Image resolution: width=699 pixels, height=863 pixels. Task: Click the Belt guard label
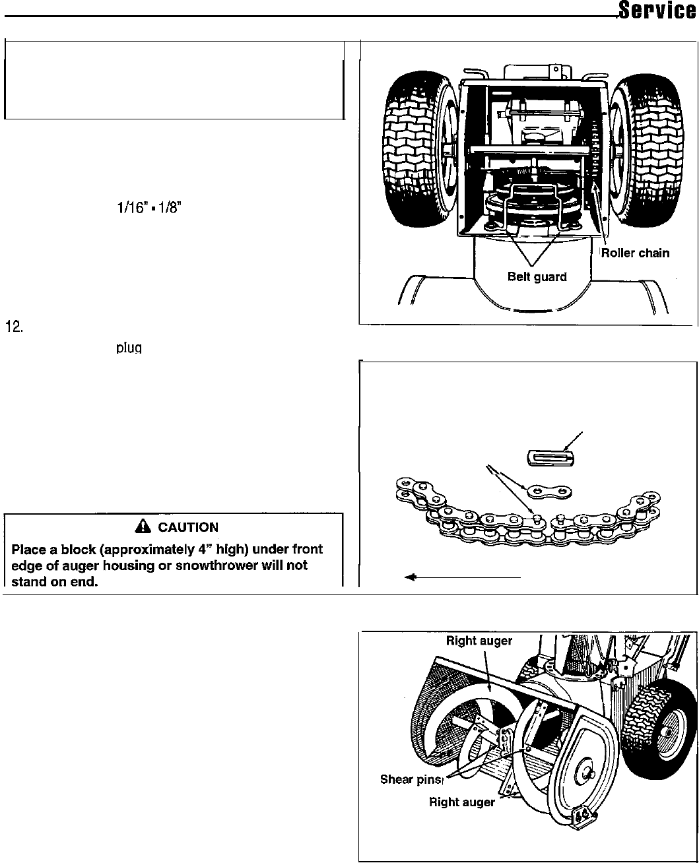click(537, 276)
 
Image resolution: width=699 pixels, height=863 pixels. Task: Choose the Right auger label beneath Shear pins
click(461, 802)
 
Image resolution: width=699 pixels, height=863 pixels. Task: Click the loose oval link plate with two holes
click(549, 492)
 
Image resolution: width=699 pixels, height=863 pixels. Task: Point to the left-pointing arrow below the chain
click(462, 577)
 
